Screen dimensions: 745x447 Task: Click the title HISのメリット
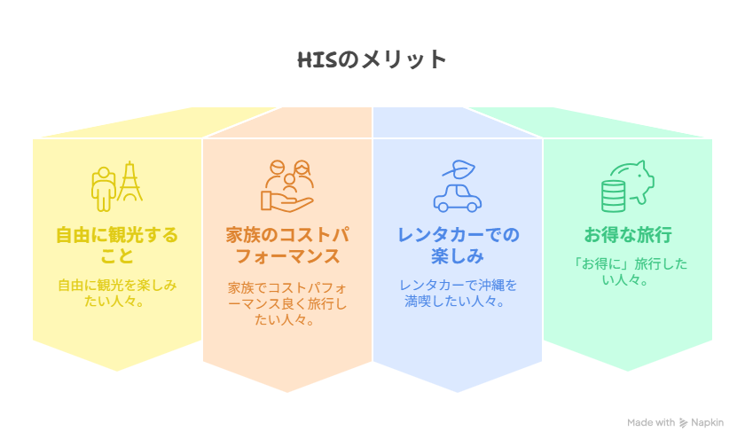372,59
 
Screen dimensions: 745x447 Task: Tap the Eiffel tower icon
129,182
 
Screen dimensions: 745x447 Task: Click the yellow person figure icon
104,189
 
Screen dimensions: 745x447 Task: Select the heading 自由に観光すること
117,245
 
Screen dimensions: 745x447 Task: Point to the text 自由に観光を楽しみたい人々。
117,293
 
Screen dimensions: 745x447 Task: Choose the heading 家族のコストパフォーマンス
287,245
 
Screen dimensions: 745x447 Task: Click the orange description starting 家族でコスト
287,303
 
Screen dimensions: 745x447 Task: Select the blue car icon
458,198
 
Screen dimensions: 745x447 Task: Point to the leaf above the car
459,169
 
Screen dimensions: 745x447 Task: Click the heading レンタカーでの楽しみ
458,245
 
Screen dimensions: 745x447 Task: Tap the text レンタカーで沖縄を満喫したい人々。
458,293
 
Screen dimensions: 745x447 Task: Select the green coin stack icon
614,197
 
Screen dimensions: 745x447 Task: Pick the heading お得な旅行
628,235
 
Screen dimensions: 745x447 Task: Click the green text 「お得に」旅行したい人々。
628,271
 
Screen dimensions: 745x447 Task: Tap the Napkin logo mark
683,423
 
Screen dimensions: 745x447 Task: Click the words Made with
650,422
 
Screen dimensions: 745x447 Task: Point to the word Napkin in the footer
708,423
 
